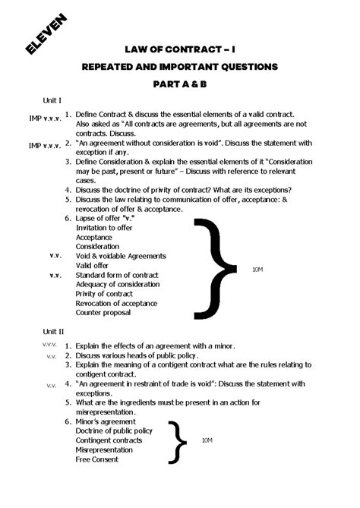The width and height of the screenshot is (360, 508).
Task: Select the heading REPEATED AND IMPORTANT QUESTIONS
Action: (180, 67)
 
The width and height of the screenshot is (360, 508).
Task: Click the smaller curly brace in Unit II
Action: (179, 440)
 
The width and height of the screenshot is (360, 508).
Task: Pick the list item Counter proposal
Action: (103, 312)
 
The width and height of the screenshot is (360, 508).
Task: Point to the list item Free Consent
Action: (97, 459)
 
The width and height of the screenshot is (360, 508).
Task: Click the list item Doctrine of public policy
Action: (114, 431)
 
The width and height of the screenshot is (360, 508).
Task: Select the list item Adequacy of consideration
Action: (118, 284)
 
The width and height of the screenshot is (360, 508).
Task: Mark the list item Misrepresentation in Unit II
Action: (105, 450)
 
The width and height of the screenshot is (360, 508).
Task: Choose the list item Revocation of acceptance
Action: (115, 303)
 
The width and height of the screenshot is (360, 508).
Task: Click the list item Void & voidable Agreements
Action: (121, 256)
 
